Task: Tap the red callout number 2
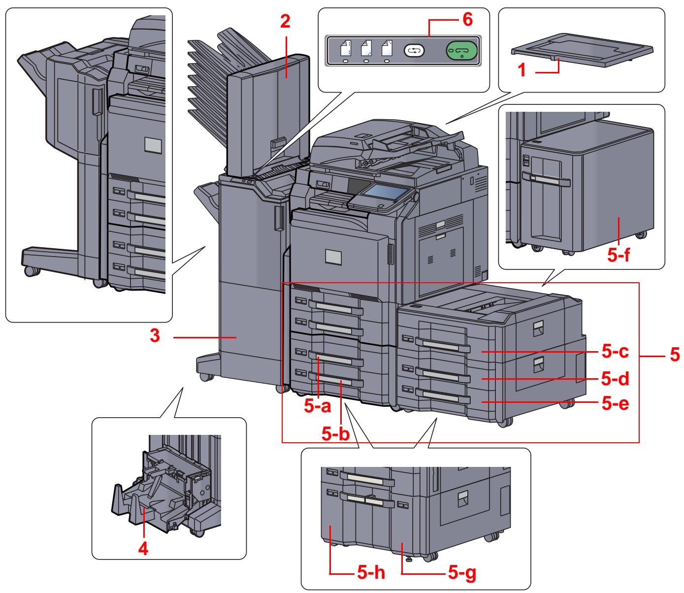(286, 21)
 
